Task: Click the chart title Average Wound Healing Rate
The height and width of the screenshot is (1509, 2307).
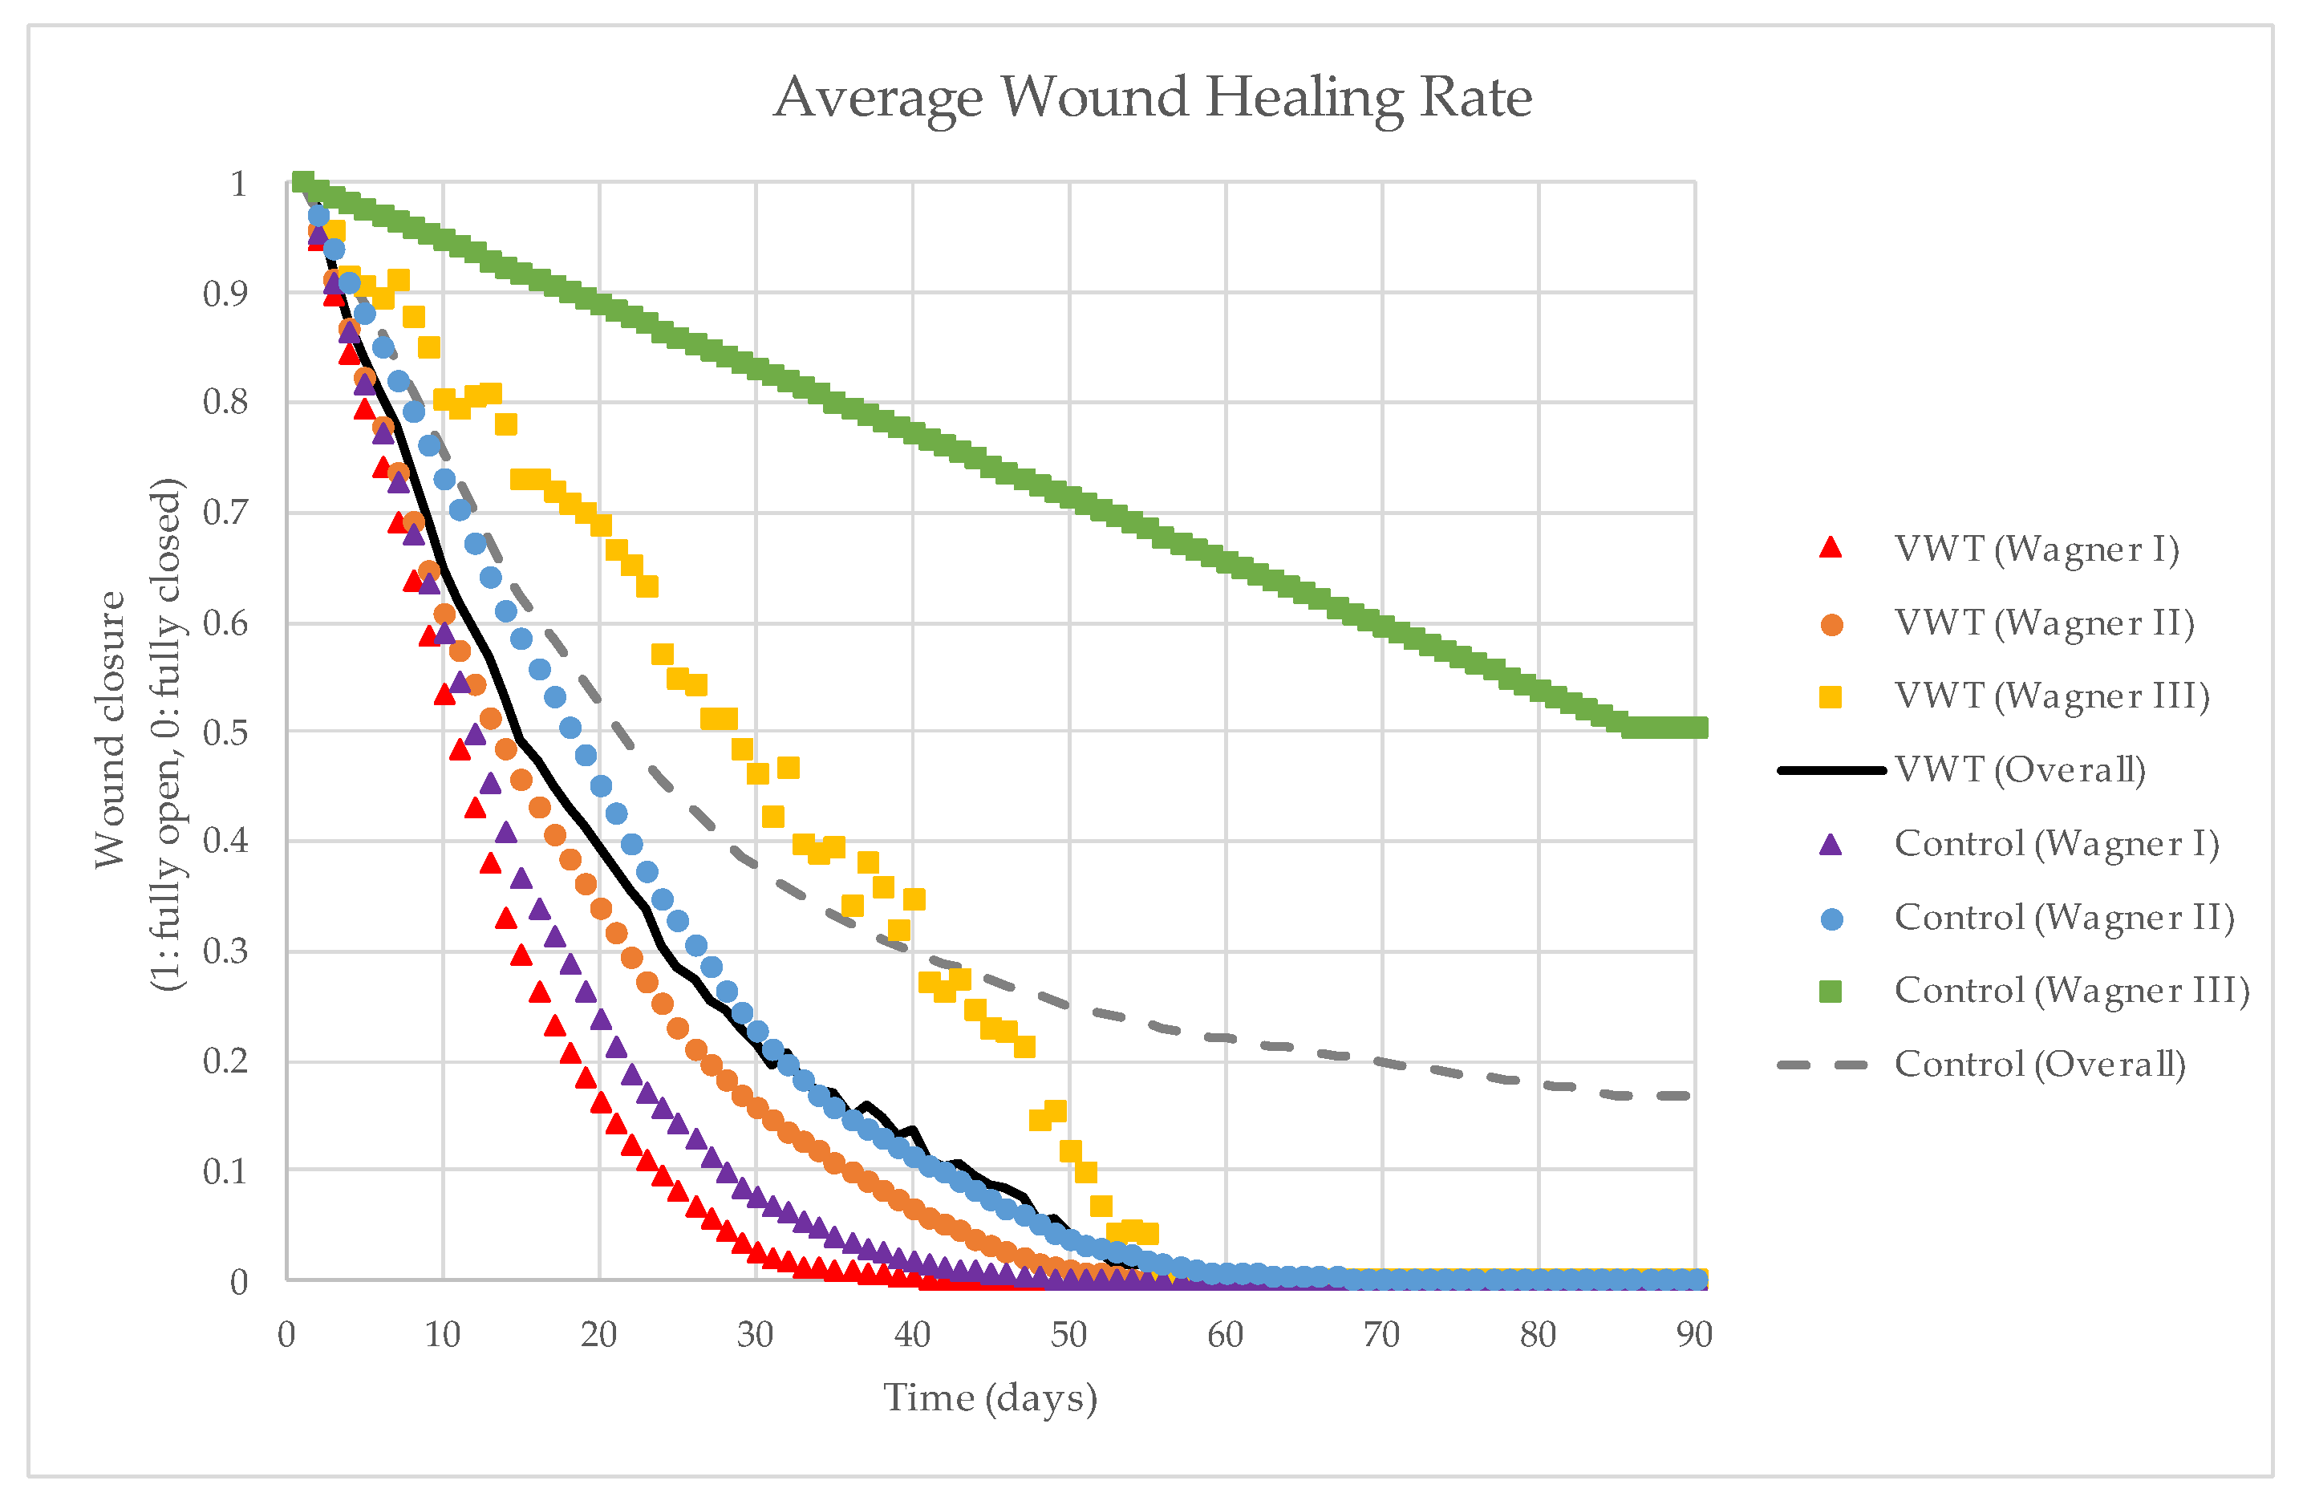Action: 1153,98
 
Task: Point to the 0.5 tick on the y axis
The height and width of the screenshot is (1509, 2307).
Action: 225,732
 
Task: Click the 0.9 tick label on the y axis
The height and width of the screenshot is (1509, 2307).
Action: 225,294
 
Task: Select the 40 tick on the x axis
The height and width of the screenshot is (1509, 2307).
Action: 912,1336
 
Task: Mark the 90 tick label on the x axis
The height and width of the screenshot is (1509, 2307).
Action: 1694,1336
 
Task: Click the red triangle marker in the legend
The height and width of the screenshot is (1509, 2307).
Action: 1830,549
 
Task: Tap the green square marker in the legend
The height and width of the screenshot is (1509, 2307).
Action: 1830,992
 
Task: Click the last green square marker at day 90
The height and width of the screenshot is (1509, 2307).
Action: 1694,728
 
